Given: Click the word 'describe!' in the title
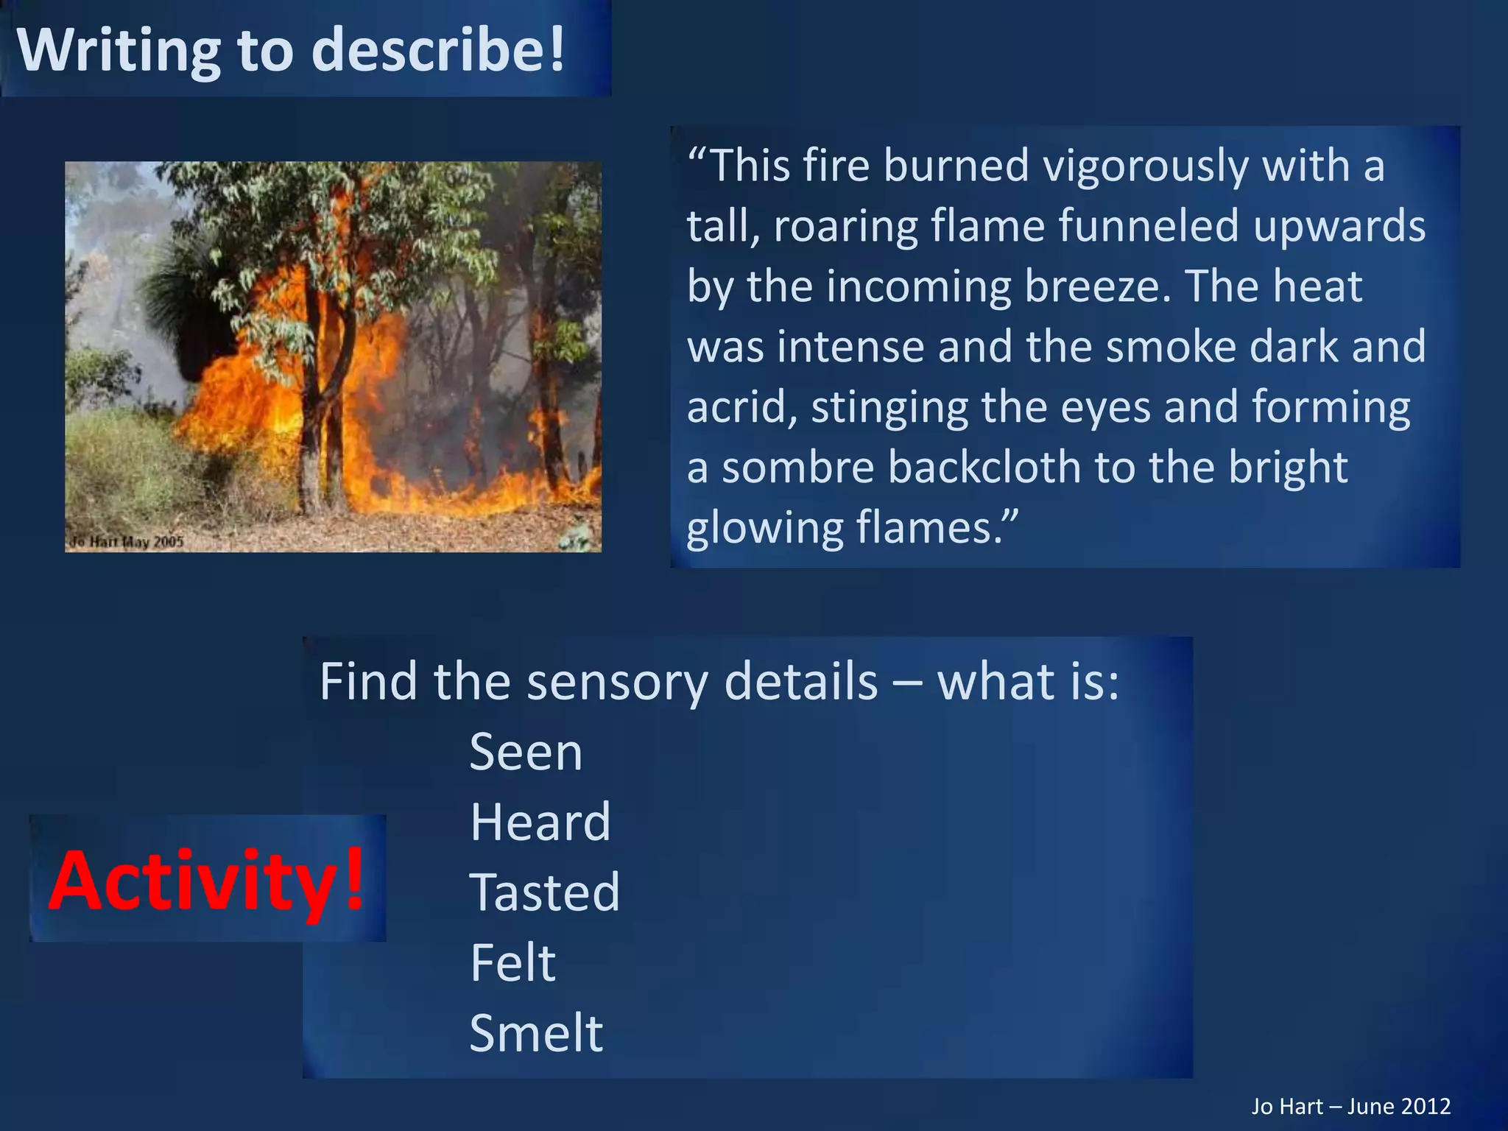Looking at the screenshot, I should pos(439,50).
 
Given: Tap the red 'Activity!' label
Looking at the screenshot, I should pos(207,879).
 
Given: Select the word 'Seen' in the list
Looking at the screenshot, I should pos(526,753).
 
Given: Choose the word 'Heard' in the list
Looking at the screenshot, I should pos(540,822).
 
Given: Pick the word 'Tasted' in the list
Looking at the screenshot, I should pos(545,892).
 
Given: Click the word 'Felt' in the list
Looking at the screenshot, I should pos(512,962).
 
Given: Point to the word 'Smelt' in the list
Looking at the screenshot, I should pos(536,1032).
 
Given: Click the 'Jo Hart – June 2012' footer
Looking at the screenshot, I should pos(1350,1106).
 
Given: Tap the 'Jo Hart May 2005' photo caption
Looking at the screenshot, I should pos(127,542).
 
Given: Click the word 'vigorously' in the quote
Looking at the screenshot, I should pos(1145,165).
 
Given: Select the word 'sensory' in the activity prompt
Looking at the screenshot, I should pos(618,682).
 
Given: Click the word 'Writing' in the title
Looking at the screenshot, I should pos(119,50).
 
